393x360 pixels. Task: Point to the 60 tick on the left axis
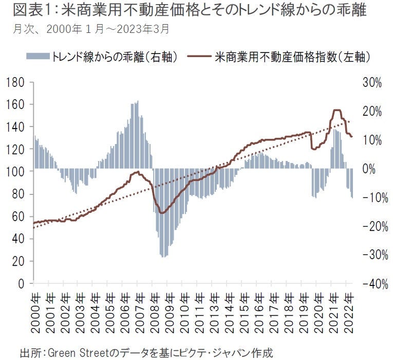(19, 217)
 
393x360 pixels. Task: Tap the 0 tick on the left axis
(22, 283)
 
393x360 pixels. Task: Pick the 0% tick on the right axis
(371, 169)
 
